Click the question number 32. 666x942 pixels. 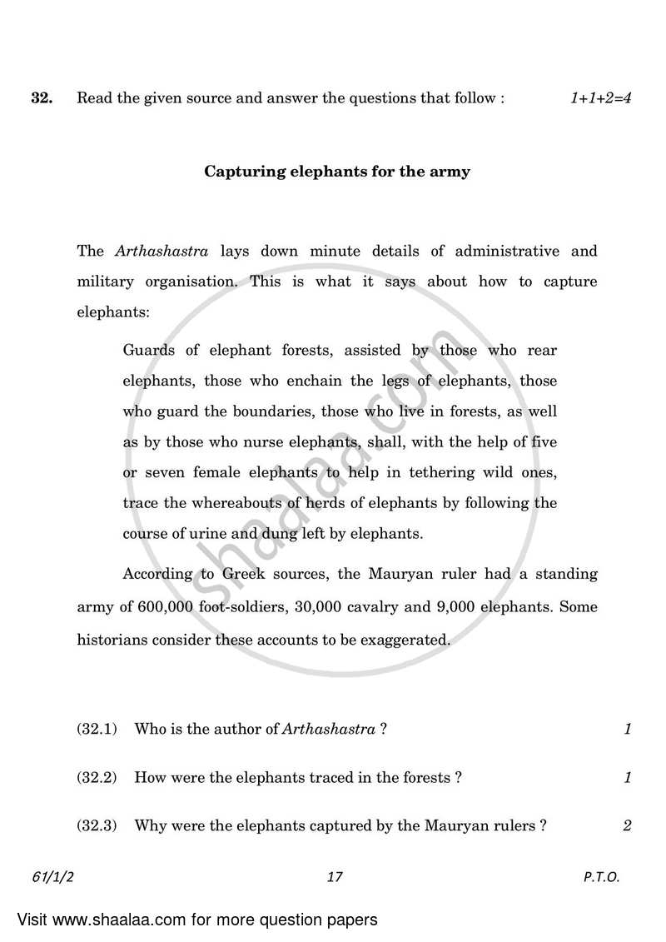coord(42,98)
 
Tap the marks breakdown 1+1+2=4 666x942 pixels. coord(600,98)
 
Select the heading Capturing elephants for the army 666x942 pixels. coord(337,172)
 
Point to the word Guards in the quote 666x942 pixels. coord(149,350)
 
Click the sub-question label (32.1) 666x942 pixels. coord(96,730)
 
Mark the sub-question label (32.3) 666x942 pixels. coord(96,826)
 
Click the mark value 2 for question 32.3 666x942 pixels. coord(627,826)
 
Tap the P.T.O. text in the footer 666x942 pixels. coord(601,877)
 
